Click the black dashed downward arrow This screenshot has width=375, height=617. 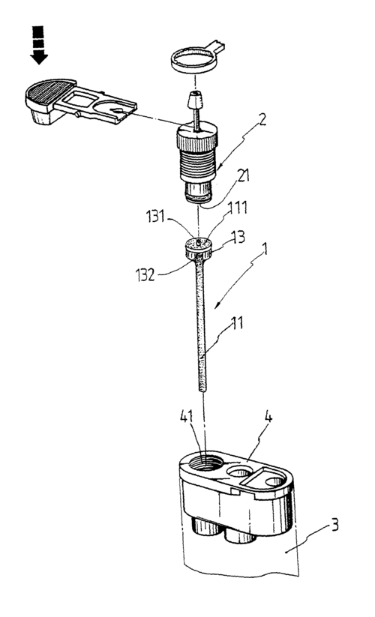point(38,44)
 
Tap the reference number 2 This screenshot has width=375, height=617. point(262,119)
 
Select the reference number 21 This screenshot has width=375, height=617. point(244,175)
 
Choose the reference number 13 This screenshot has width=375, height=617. point(238,237)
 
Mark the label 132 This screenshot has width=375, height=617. point(145,274)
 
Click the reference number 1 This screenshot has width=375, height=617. point(265,250)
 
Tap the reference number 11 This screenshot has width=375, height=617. point(236,322)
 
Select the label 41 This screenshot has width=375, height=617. point(187,416)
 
